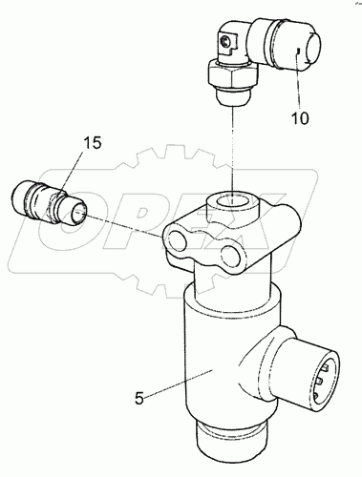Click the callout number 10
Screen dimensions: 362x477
click(x=300, y=118)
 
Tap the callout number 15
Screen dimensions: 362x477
click(x=93, y=143)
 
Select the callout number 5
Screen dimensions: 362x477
click(x=139, y=398)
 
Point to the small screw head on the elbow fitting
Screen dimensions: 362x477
click(x=225, y=41)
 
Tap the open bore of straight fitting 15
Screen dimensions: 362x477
click(x=77, y=216)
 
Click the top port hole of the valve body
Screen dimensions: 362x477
click(x=232, y=200)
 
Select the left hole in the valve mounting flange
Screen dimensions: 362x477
click(x=177, y=239)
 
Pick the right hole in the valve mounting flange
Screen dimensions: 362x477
click(x=230, y=255)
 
